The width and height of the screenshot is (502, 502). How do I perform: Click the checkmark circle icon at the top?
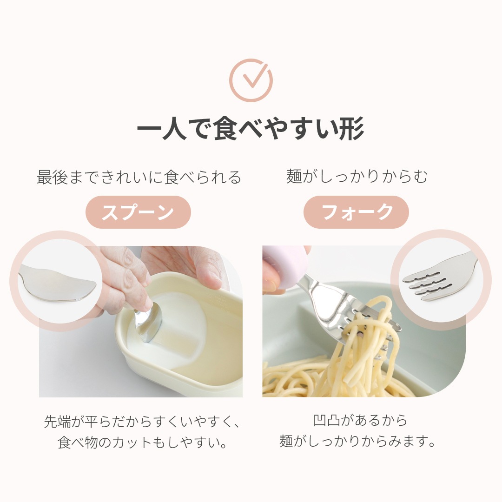[x=251, y=80]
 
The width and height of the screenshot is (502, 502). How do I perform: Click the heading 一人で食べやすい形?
[x=251, y=128]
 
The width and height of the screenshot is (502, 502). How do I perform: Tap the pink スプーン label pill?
[x=139, y=212]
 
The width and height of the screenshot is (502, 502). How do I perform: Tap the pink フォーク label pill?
[x=357, y=212]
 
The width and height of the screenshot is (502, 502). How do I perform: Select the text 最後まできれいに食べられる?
[x=139, y=177]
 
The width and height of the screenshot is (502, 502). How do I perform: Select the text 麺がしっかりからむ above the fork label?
[x=357, y=177]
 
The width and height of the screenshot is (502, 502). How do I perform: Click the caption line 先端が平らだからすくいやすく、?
[x=141, y=422]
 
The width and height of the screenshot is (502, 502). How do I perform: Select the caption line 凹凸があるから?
[x=360, y=420]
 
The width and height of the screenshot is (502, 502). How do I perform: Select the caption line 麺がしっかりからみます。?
[x=357, y=441]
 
